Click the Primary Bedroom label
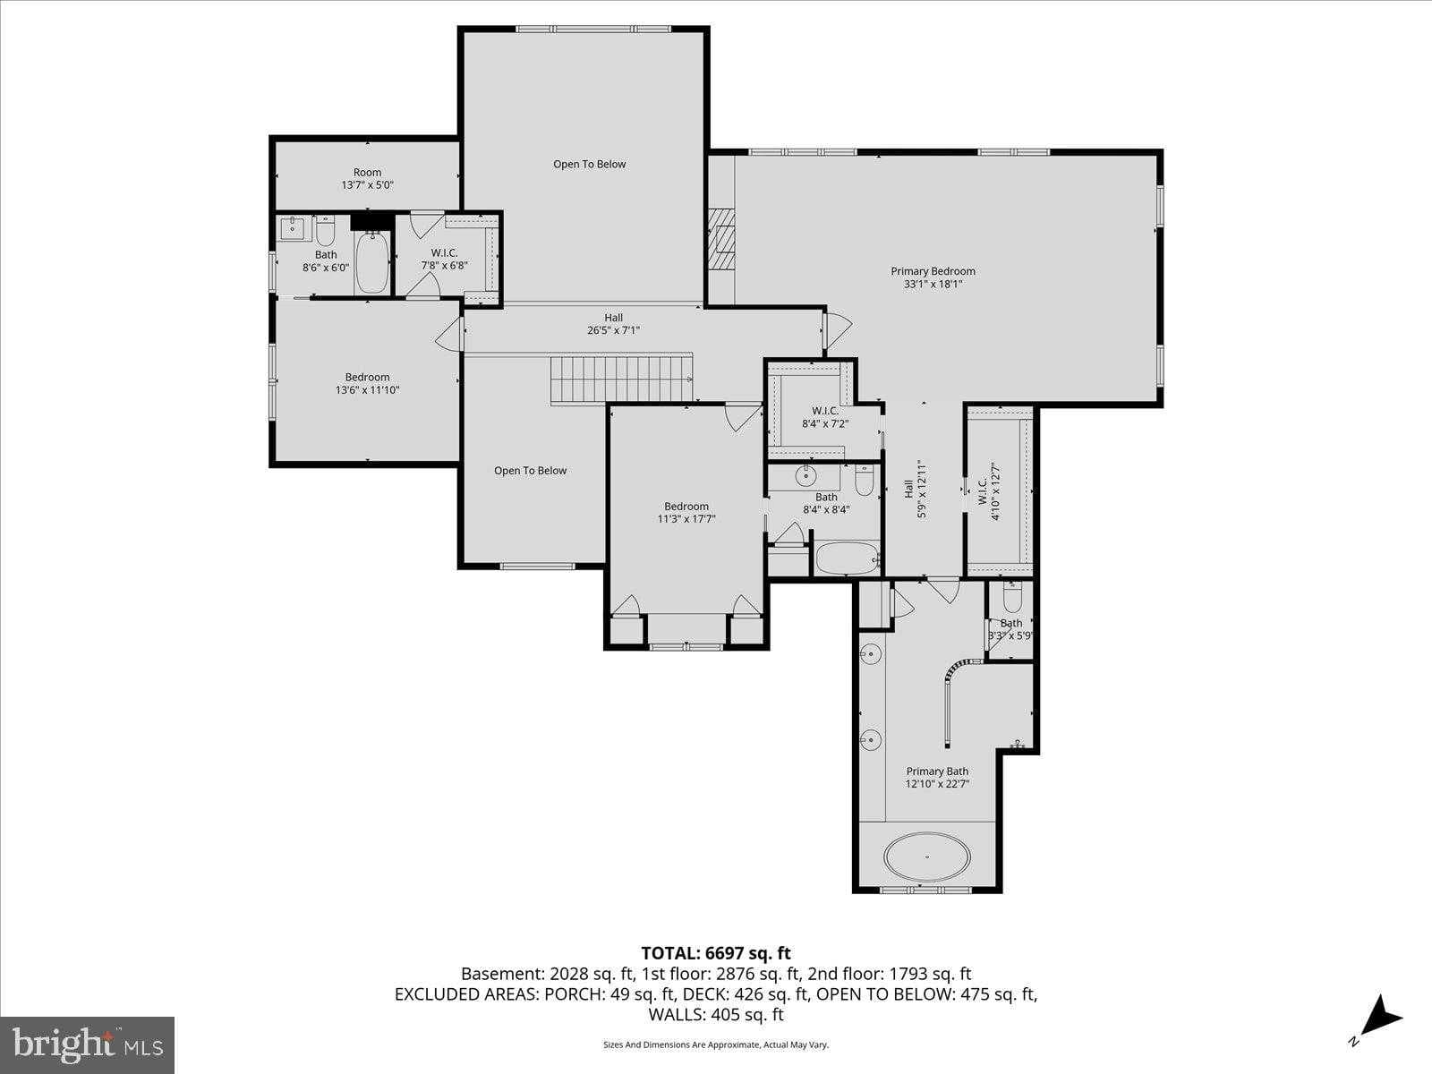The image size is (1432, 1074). (x=933, y=277)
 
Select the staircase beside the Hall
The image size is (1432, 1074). (x=621, y=378)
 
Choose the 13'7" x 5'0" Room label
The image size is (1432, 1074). (x=367, y=178)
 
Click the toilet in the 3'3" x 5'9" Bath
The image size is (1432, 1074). (x=1012, y=596)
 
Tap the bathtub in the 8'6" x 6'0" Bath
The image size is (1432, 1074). (x=371, y=262)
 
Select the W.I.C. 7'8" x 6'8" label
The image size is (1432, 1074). (x=444, y=260)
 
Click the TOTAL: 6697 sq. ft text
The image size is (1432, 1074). (x=715, y=953)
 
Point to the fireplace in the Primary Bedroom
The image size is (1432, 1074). (x=721, y=238)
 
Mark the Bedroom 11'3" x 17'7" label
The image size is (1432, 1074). (x=686, y=512)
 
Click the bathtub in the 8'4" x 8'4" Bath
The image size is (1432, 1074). (x=847, y=558)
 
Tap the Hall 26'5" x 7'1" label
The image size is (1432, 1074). (x=613, y=324)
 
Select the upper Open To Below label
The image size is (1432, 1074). (x=589, y=164)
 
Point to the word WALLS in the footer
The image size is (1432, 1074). (x=678, y=1014)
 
